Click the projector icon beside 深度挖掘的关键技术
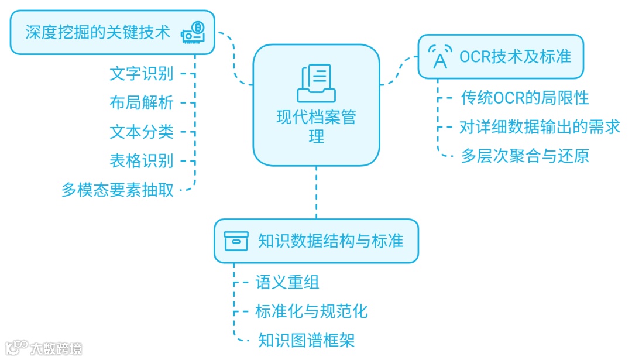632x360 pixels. point(193,32)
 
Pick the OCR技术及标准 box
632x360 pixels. point(500,57)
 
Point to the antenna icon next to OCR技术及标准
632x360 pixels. point(440,57)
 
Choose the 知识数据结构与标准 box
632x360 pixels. point(316,241)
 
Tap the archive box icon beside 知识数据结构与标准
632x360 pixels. point(236,241)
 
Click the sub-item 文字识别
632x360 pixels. point(142,74)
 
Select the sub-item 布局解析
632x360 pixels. point(142,102)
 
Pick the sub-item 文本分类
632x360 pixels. point(142,132)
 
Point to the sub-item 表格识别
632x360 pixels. point(142,160)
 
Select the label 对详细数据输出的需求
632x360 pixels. point(540,127)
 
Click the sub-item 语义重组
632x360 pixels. point(287,282)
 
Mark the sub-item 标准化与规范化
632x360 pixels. point(311,311)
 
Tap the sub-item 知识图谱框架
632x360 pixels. point(306,340)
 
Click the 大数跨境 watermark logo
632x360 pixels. point(44,348)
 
